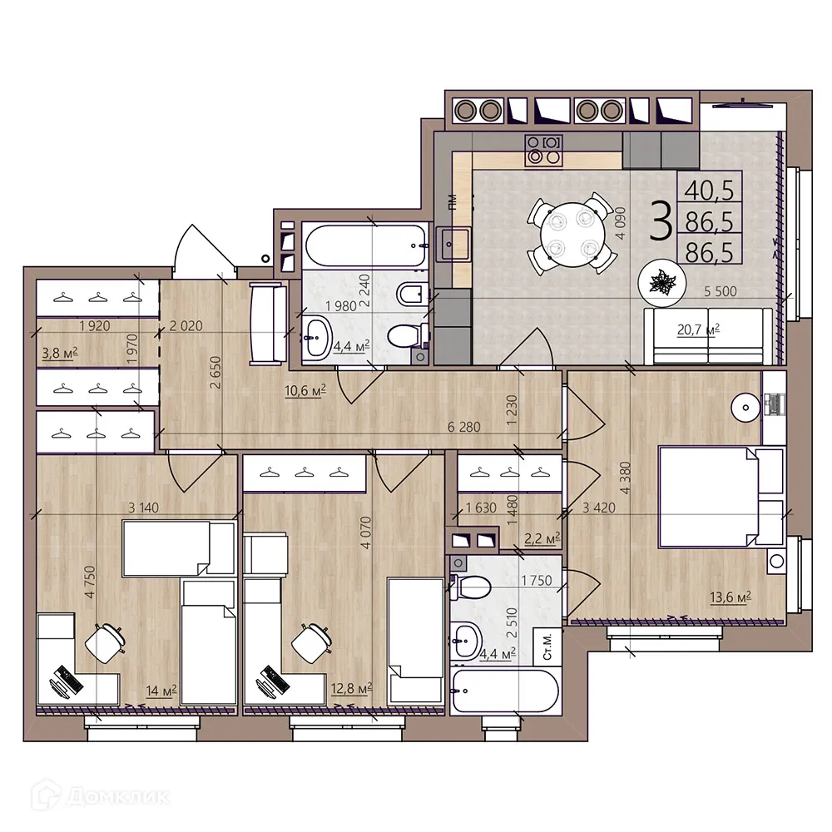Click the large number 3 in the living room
[659, 222]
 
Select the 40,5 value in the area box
[708, 191]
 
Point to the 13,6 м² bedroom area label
[730, 597]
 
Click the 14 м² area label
[161, 689]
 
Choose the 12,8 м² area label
[350, 689]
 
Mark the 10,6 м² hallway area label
[304, 390]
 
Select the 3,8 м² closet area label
[59, 353]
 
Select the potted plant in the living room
[662, 284]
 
